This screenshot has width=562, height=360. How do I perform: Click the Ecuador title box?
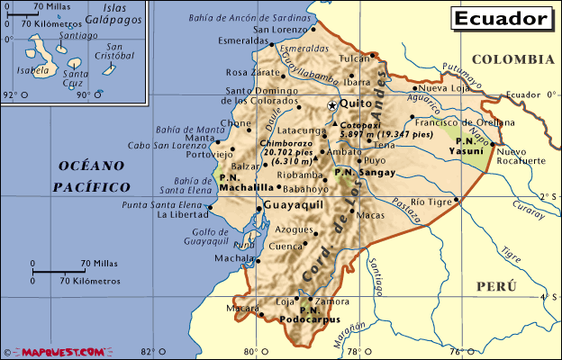501,18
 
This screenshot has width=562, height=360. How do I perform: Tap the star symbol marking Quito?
331,105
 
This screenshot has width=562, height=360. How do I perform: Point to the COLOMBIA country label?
512,59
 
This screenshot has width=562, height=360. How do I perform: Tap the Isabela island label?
32,68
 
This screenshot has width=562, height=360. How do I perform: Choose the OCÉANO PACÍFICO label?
91,176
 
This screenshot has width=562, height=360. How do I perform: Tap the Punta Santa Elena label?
159,205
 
